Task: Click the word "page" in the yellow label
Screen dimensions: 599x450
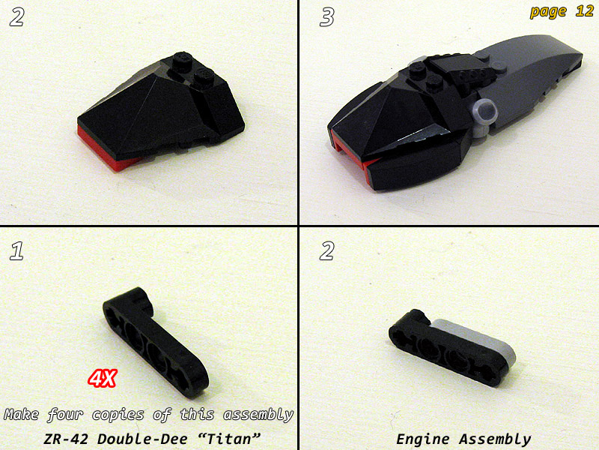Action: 548,12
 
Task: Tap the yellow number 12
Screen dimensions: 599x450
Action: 584,10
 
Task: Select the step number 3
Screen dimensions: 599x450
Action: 326,17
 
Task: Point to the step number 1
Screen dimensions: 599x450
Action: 16,251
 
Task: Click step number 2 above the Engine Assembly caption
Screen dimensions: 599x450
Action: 326,251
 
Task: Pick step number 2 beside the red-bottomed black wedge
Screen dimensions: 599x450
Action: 16,17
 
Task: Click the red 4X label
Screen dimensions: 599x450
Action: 102,379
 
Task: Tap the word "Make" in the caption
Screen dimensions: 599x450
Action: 22,415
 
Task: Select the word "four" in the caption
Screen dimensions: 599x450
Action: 65,415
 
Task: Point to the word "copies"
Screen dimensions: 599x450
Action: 118,415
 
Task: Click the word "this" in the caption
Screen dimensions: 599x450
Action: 197,415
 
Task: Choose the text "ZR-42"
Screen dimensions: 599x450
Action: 66,439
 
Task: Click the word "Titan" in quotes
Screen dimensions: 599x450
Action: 234,438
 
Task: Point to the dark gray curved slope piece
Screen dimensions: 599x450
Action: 535,76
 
